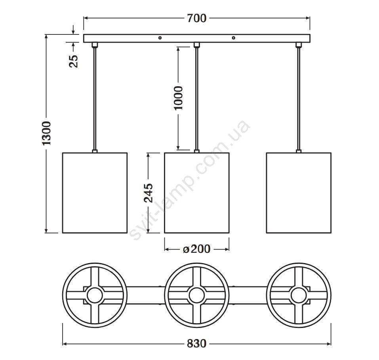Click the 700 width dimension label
tap(197, 18)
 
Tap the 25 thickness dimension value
tap(74, 61)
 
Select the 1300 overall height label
tap(46, 134)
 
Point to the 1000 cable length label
tap(179, 98)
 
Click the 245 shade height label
tap(149, 193)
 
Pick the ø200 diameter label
tap(196, 249)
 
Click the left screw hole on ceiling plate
tap(160, 38)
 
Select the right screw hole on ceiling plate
tap(234, 38)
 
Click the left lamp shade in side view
tap(95, 193)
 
